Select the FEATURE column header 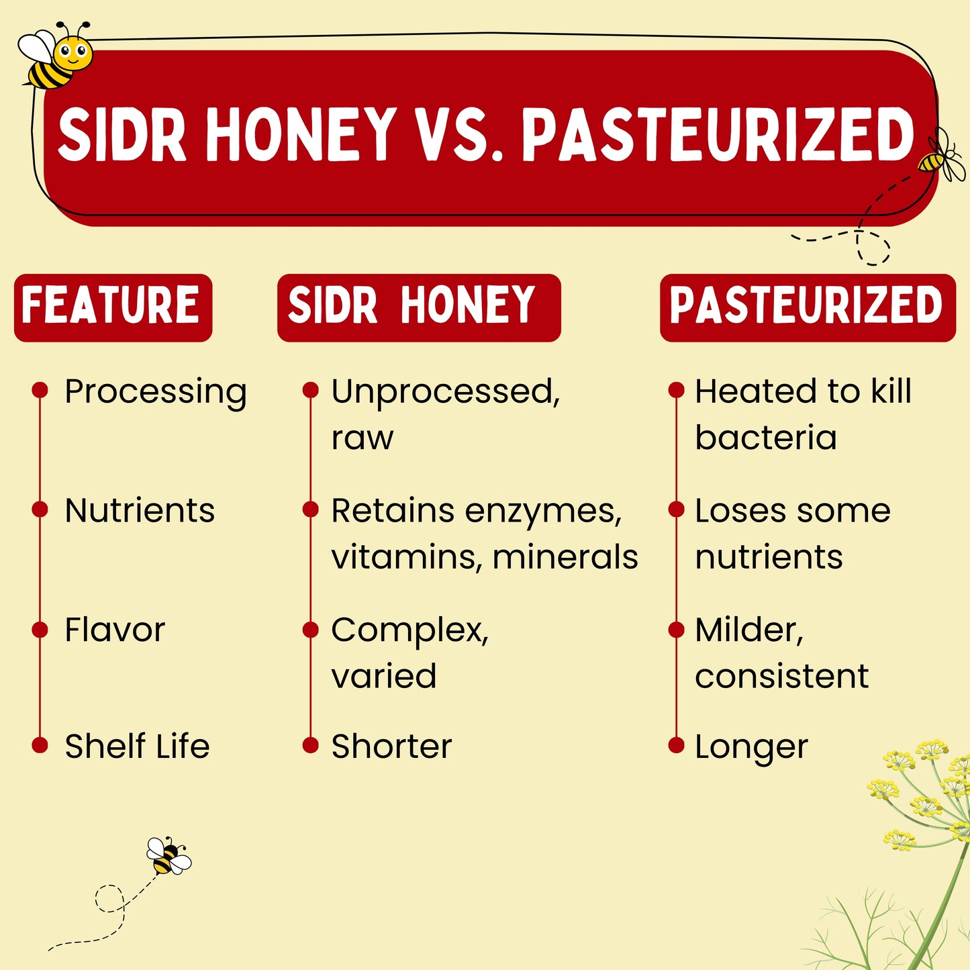[113, 307]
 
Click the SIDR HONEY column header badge [419, 307]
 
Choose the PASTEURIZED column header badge [808, 307]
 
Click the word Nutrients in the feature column [140, 511]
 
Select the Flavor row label [115, 630]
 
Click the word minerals [565, 556]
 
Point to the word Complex [409, 631]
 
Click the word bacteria [766, 437]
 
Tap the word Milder [749, 630]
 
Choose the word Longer [752, 748]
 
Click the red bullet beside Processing [40, 389]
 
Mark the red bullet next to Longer [677, 745]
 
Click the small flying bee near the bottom [168, 856]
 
